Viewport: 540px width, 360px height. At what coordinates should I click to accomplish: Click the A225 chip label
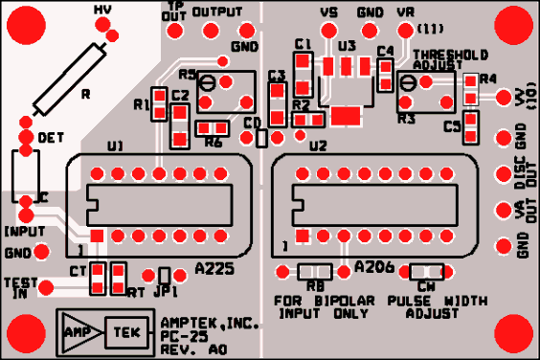pos(214,270)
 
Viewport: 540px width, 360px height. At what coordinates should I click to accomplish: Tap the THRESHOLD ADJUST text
pos(449,61)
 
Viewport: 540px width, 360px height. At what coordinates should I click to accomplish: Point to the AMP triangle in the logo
pos(78,332)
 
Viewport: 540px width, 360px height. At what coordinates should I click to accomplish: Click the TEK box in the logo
pos(124,332)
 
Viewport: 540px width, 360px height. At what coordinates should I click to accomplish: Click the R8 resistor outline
pos(315,272)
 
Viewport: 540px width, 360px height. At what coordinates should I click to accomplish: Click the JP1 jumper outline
pos(165,276)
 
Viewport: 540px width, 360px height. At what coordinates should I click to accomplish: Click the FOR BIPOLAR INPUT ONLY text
pos(321,306)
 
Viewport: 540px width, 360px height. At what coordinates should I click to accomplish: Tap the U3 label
pos(347,46)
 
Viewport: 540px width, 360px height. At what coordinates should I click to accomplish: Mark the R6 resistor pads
pos(212,127)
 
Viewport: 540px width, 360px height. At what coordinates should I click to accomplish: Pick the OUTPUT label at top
pos(216,12)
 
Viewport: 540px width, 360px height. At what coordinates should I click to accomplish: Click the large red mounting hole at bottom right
pos(512,333)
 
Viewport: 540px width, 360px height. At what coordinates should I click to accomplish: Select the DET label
pos(51,139)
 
